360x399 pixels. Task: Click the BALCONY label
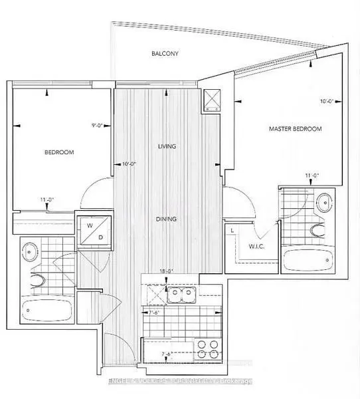click(164, 53)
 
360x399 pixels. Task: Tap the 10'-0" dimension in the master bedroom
click(325, 102)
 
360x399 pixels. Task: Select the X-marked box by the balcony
click(213, 100)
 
